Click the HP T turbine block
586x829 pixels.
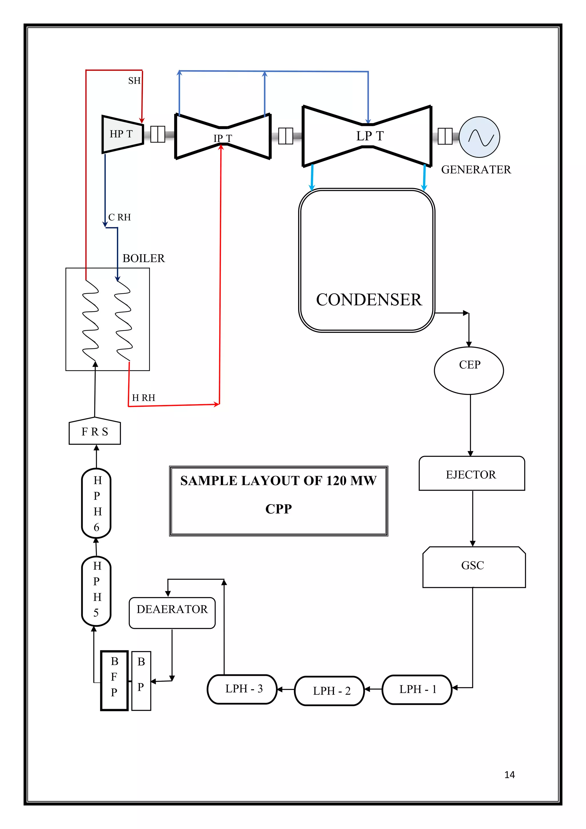[x=122, y=134]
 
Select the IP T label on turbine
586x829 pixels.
[x=222, y=138]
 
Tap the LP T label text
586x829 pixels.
[x=370, y=136]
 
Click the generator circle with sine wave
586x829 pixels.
[x=479, y=137]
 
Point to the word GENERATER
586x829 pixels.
[x=476, y=170]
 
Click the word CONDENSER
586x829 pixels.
[x=369, y=300]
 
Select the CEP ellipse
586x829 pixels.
[x=469, y=370]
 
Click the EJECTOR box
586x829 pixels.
[x=472, y=474]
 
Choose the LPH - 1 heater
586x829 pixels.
[x=417, y=690]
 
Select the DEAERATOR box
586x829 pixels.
[x=172, y=613]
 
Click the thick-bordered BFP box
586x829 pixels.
[x=114, y=681]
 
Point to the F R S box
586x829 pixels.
[x=94, y=432]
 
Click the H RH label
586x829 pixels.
[x=143, y=398]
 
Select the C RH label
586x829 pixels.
[x=119, y=217]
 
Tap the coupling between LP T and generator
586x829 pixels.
[x=445, y=136]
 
